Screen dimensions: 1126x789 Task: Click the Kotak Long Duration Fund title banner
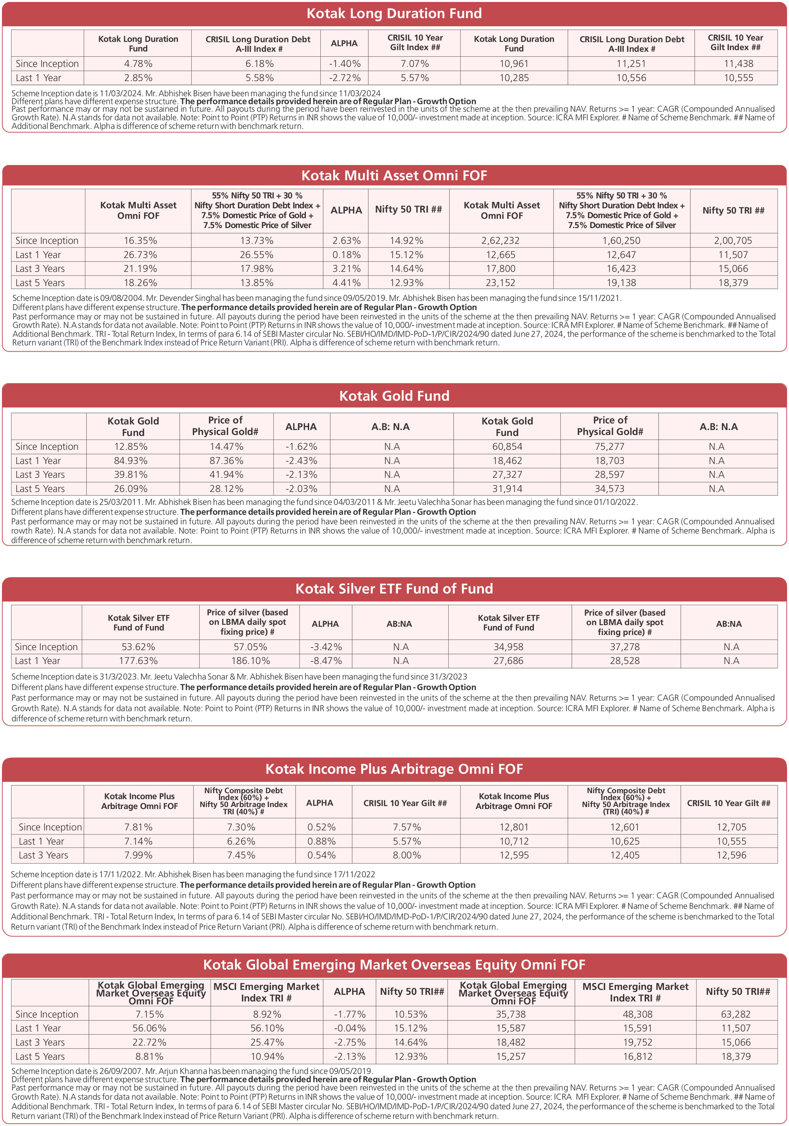pyautogui.click(x=394, y=14)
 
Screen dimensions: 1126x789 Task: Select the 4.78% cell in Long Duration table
pyautogui.click(x=138, y=64)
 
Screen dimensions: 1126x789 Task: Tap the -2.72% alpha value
pyautogui.click(x=344, y=78)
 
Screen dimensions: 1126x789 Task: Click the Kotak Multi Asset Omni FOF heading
pyautogui.click(x=394, y=176)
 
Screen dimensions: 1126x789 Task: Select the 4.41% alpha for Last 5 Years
pyautogui.click(x=346, y=283)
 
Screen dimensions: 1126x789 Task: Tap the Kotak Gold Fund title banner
pyautogui.click(x=394, y=396)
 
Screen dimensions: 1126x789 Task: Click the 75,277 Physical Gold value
pyautogui.click(x=609, y=447)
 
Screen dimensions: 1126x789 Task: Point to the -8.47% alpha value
pyautogui.click(x=326, y=661)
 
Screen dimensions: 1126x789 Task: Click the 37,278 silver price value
pyautogui.click(x=625, y=647)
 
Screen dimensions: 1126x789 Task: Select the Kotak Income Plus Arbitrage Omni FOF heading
pyautogui.click(x=394, y=769)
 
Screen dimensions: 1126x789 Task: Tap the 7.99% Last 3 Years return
pyautogui.click(x=138, y=855)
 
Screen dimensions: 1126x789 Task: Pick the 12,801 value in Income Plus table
pyautogui.click(x=514, y=827)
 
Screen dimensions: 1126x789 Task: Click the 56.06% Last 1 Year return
pyautogui.click(x=150, y=1028)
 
